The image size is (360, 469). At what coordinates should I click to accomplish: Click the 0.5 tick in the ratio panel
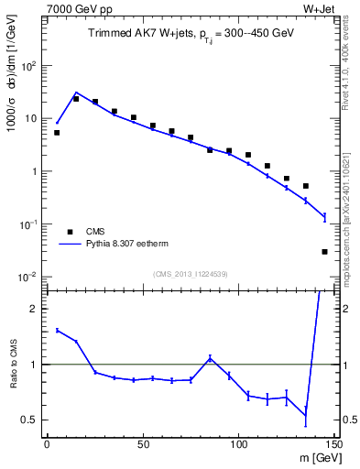click(x=31, y=420)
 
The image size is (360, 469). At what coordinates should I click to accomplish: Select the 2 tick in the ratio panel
click(x=36, y=309)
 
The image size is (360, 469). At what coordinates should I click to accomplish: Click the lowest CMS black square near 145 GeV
click(x=324, y=251)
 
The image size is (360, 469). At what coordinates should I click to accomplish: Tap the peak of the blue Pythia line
click(x=76, y=93)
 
